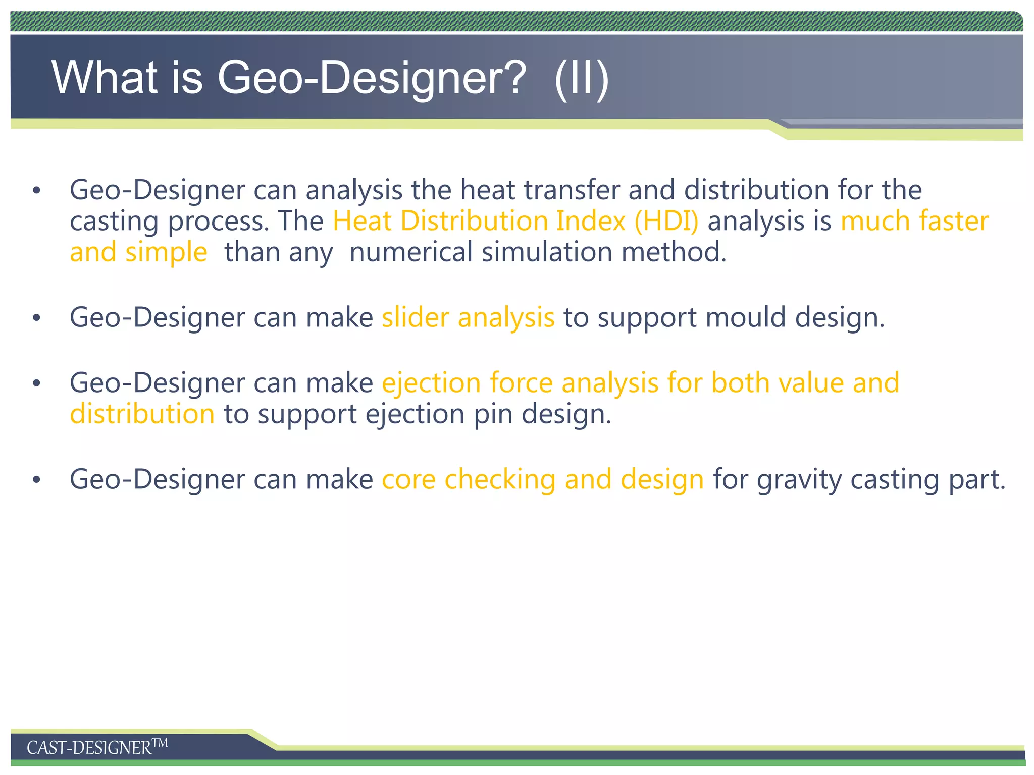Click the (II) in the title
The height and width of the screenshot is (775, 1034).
581,78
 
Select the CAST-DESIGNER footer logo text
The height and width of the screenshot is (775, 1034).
96,747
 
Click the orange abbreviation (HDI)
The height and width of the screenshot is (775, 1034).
666,221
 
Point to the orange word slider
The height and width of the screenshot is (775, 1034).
415,317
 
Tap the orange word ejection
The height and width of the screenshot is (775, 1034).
431,382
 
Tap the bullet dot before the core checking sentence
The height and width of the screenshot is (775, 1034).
36,480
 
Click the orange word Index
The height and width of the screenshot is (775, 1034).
591,221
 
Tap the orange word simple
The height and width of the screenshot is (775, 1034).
166,253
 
